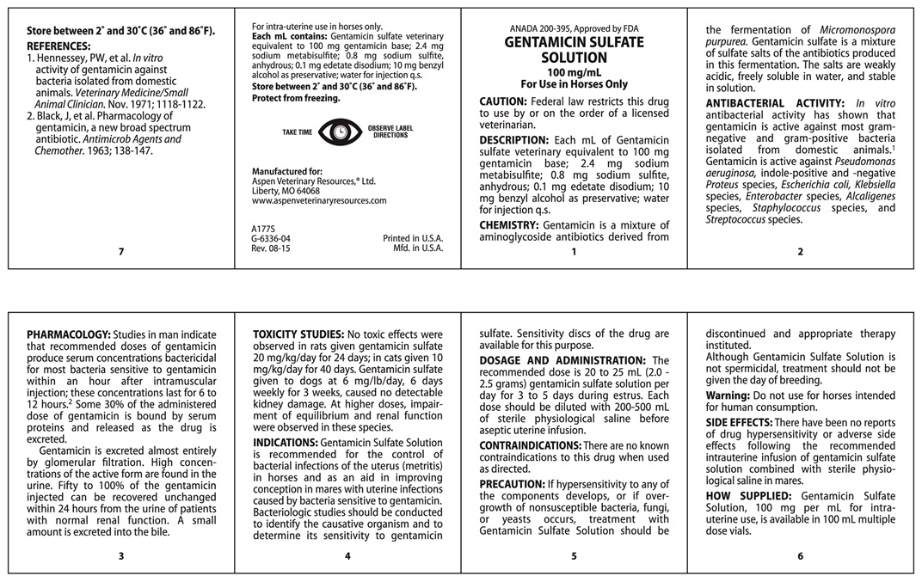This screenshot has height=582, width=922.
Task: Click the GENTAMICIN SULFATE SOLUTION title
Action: [x=574, y=49]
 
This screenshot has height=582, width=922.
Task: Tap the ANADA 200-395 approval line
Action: [x=574, y=28]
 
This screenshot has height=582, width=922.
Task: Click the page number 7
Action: [x=121, y=252]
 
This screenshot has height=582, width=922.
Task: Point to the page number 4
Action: [x=347, y=555]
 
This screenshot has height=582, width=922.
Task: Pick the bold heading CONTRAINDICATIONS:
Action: [x=531, y=445]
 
